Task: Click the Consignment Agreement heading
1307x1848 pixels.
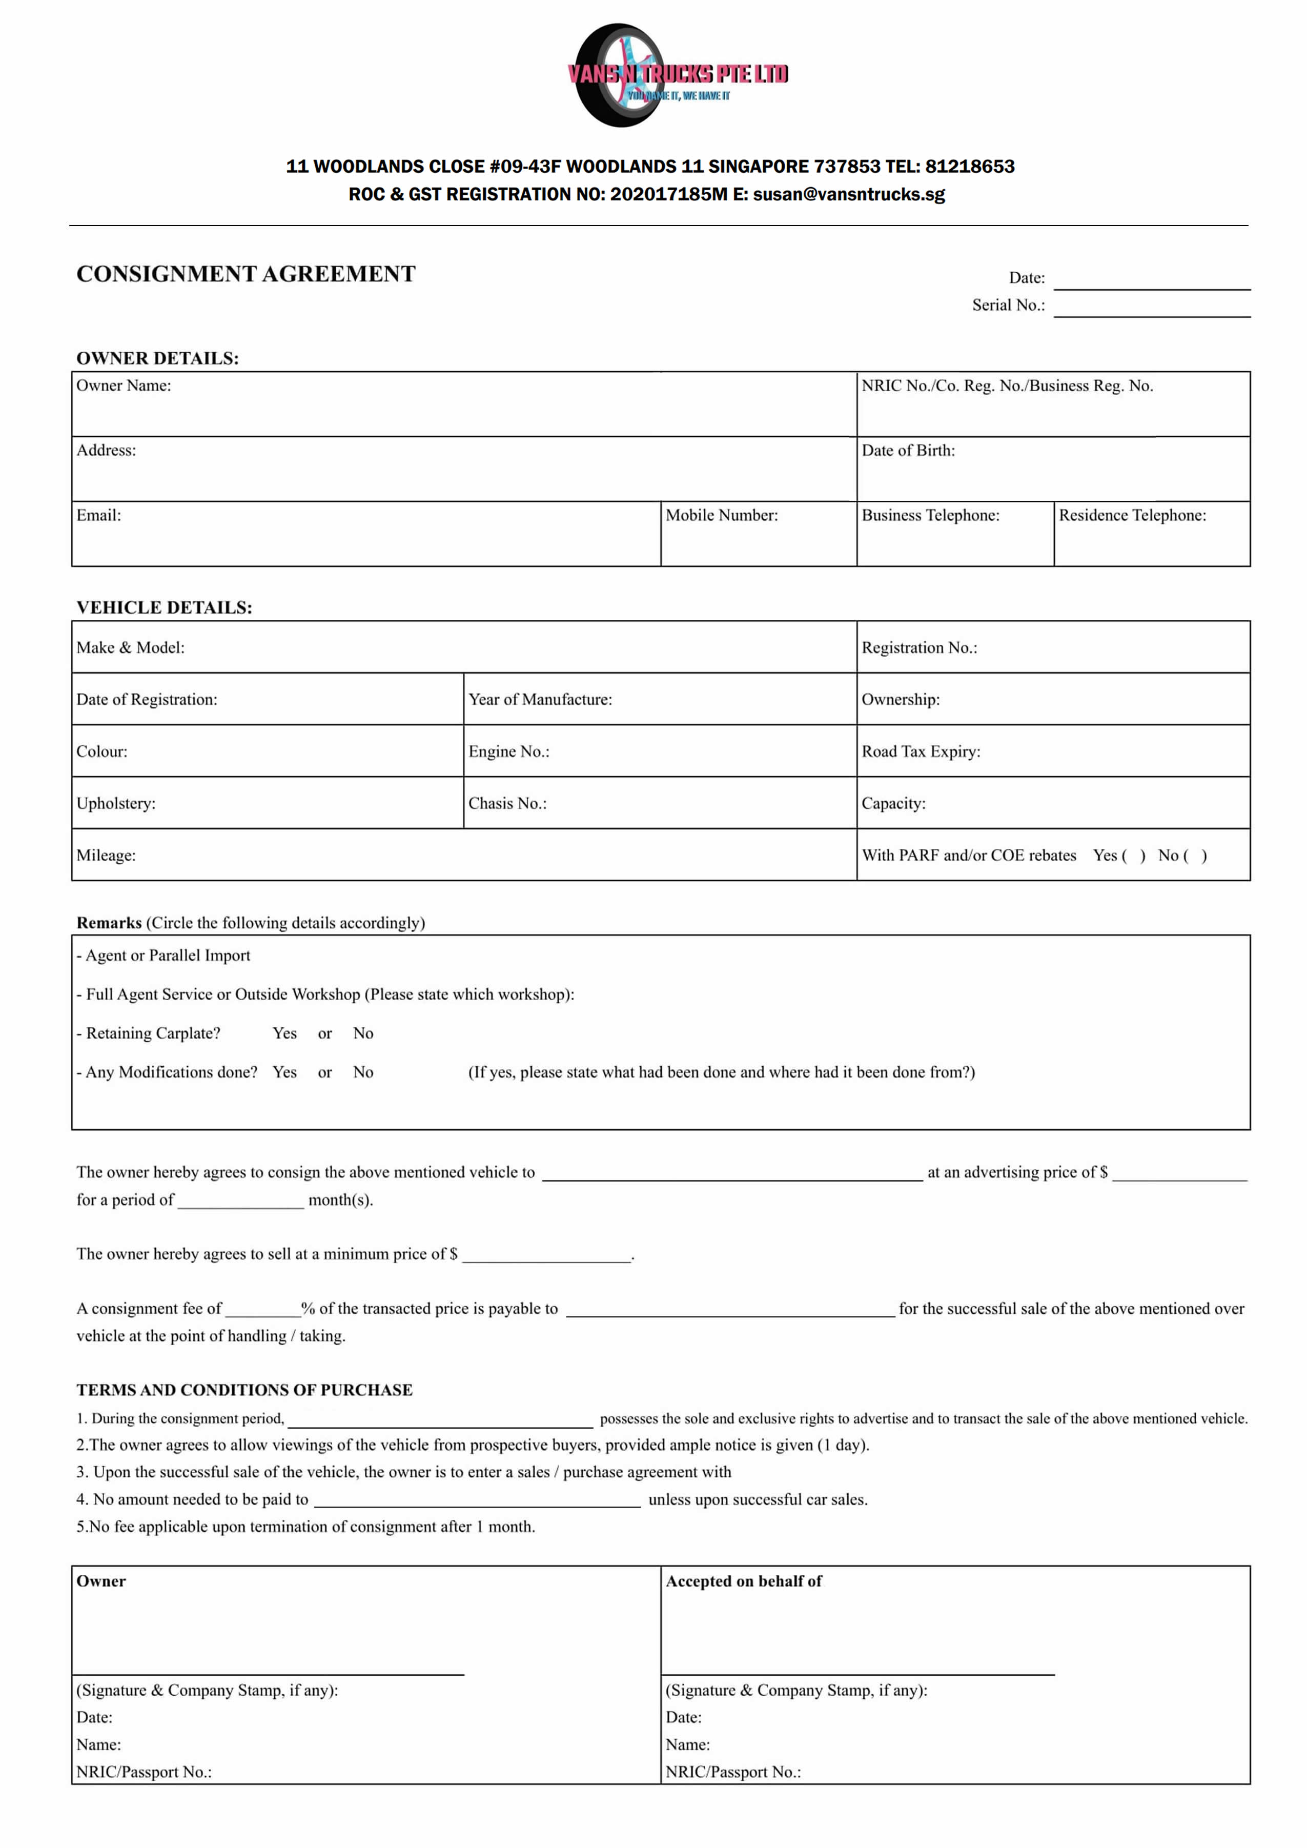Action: pos(246,274)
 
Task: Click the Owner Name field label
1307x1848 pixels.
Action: pos(124,385)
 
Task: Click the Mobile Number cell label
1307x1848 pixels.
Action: pos(721,515)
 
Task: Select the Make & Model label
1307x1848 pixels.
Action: pos(130,648)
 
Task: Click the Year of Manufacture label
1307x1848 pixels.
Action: pos(540,699)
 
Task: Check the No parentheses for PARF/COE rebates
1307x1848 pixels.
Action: pos(1194,856)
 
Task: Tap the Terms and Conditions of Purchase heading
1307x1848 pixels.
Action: pos(244,1390)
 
